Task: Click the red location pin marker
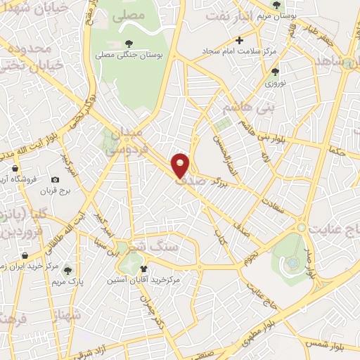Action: click(181, 165)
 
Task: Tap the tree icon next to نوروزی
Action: click(275, 70)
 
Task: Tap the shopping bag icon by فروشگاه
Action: click(15, 169)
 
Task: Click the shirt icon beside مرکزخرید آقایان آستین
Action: click(145, 269)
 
